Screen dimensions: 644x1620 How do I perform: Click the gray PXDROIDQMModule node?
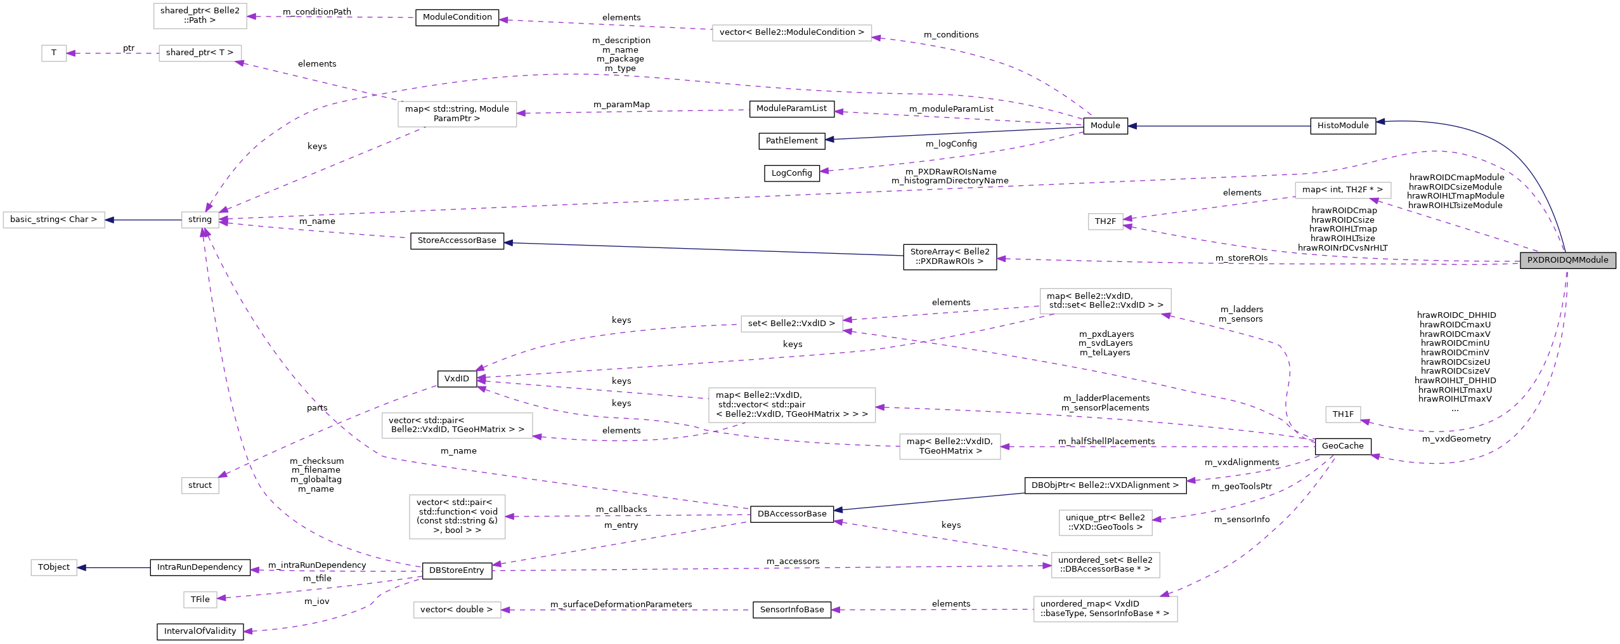(1567, 260)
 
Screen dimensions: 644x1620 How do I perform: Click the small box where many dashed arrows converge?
(200, 220)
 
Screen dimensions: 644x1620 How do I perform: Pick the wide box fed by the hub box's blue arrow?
(54, 220)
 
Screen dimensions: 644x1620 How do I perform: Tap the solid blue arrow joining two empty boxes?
(143, 220)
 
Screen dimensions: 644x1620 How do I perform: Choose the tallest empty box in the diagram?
(457, 516)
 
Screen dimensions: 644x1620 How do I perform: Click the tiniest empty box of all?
(54, 53)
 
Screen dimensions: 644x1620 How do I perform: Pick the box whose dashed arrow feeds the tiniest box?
(200, 53)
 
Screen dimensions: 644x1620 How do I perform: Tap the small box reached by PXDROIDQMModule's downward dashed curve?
(1343, 414)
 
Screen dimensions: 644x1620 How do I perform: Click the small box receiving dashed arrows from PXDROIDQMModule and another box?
(1105, 221)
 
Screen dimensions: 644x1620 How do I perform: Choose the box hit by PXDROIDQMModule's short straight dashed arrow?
(1343, 190)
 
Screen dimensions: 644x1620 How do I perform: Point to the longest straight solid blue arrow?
(704, 249)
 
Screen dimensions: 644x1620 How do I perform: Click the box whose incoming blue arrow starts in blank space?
(54, 567)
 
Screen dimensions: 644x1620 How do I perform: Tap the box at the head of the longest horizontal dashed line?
(1105, 565)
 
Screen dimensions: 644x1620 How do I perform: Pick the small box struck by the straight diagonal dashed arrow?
(200, 485)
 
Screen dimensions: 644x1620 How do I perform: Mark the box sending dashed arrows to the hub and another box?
(457, 114)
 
